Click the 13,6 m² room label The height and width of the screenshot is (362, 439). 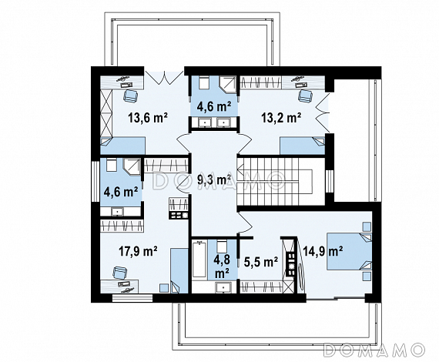click(x=148, y=118)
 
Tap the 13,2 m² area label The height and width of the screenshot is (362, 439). click(x=281, y=118)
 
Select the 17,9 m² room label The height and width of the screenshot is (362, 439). click(x=138, y=251)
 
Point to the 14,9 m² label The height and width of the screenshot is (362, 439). click(x=322, y=251)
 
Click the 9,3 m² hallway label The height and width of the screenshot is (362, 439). click(x=214, y=179)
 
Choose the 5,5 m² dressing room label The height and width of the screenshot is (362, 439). click(x=260, y=262)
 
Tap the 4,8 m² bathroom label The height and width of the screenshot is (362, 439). click(x=222, y=266)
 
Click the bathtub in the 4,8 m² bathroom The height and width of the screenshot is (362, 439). click(x=199, y=260)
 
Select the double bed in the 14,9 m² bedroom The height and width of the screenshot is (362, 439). click(x=350, y=251)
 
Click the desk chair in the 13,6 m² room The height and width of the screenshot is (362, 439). click(x=130, y=96)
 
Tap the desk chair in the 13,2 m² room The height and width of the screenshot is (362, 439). click(x=305, y=96)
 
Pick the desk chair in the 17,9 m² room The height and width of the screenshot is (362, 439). click(x=120, y=273)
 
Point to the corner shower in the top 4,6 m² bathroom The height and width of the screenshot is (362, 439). click(x=228, y=82)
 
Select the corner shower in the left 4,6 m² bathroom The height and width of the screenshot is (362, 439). click(x=132, y=167)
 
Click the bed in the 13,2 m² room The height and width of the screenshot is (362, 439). click(x=303, y=146)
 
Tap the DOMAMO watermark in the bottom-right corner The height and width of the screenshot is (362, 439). click(x=374, y=350)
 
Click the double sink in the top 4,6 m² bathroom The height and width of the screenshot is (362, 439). click(x=214, y=122)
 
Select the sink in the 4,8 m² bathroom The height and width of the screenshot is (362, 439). click(x=223, y=287)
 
